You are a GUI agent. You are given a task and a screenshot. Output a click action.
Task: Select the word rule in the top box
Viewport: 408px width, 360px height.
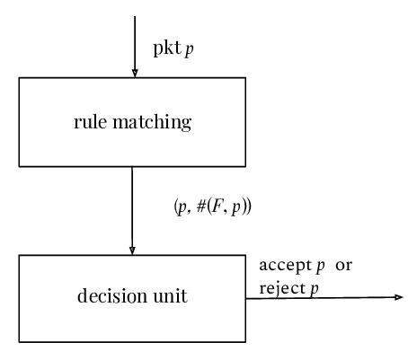tap(89, 122)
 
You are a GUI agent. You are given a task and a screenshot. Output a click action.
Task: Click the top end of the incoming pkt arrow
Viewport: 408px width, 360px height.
tap(133, 16)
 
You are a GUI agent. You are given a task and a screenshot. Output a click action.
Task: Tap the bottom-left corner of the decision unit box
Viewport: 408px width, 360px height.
tap(20, 341)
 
